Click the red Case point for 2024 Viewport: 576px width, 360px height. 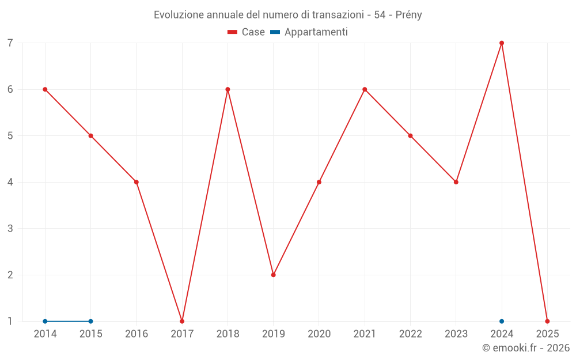[x=502, y=43]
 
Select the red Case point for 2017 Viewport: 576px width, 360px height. [x=182, y=321]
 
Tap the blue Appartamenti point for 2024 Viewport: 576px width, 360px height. [x=502, y=321]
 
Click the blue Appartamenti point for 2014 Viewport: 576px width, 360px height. [x=45, y=321]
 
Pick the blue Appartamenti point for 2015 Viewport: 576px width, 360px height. [x=90, y=321]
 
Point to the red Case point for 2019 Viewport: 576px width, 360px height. [x=274, y=275]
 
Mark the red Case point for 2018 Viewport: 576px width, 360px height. [x=228, y=89]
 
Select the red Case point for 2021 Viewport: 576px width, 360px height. [x=365, y=89]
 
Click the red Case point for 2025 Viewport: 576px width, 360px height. [x=547, y=321]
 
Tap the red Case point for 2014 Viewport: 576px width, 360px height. [x=45, y=89]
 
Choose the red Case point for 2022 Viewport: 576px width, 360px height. [x=410, y=136]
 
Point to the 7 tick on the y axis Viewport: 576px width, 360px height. [x=10, y=43]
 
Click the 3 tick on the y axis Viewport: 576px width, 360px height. [x=10, y=229]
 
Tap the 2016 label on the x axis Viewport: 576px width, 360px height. [x=137, y=334]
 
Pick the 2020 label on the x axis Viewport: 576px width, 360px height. [x=319, y=334]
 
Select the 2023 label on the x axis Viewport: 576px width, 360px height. [x=456, y=334]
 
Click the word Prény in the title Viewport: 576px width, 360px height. [x=408, y=15]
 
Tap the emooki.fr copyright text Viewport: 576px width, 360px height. [x=526, y=348]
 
